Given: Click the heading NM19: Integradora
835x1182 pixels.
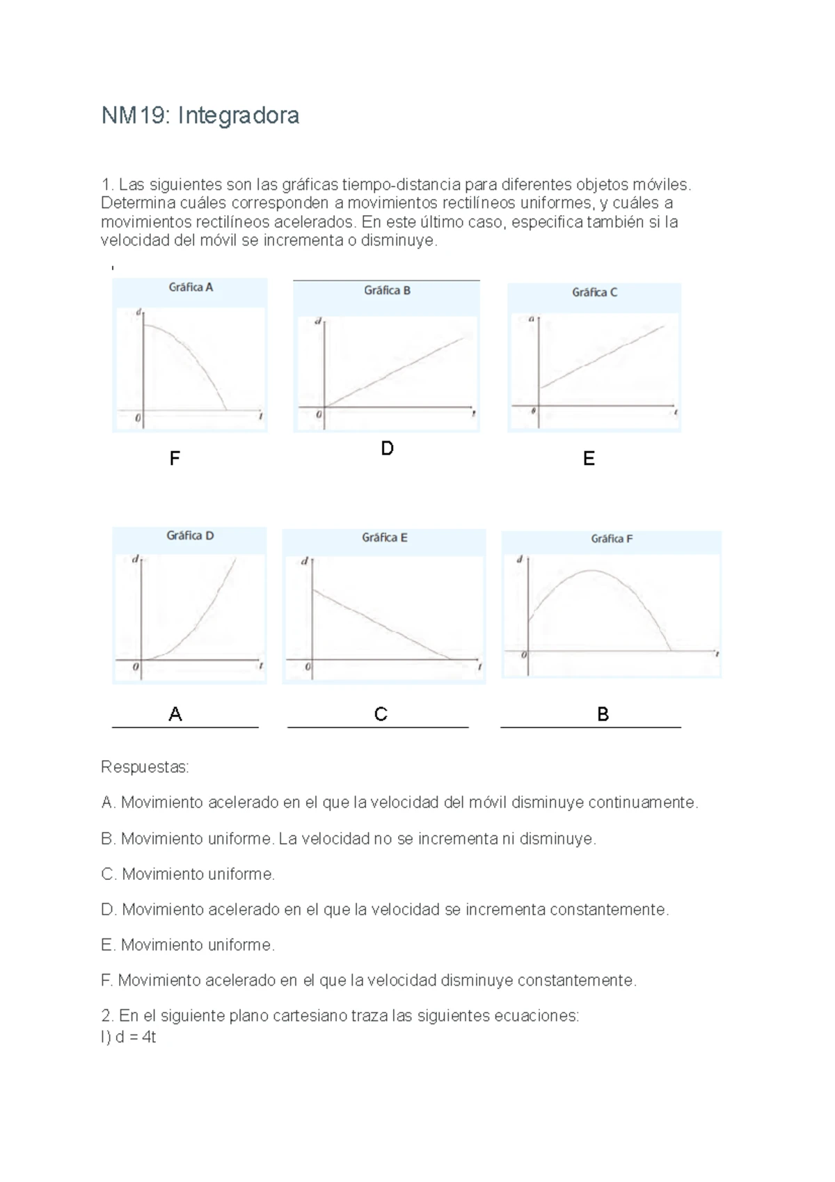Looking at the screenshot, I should pyautogui.click(x=200, y=115).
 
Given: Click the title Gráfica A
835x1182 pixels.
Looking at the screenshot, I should pyautogui.click(x=191, y=287).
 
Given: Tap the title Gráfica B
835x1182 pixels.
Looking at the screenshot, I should pyautogui.click(x=387, y=290).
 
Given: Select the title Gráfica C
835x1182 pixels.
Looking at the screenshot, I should pyautogui.click(x=594, y=292).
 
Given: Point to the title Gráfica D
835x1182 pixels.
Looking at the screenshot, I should pyautogui.click(x=190, y=535).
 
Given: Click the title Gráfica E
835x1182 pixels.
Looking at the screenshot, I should pyautogui.click(x=384, y=537).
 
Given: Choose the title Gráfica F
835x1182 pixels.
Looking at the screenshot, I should pyautogui.click(x=612, y=539).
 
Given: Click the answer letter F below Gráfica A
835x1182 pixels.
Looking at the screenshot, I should pyautogui.click(x=175, y=458).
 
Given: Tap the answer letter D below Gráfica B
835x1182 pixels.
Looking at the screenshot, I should pyautogui.click(x=388, y=448).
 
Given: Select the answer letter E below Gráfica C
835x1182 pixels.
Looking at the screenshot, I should pyautogui.click(x=589, y=458).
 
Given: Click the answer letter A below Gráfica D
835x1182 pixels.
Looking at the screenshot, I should pyautogui.click(x=175, y=714).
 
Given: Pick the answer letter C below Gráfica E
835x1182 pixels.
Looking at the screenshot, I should pyautogui.click(x=381, y=714).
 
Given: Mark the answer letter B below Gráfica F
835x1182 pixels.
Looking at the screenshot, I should pyautogui.click(x=603, y=714).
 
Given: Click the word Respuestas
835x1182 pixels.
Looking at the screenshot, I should pyautogui.click(x=145, y=767).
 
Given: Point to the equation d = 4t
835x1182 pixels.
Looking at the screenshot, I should pyautogui.click(x=136, y=1037).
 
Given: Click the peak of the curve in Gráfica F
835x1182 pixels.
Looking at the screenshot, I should pyautogui.click(x=591, y=571).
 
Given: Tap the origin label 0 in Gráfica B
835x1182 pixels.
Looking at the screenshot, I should pyautogui.click(x=319, y=414).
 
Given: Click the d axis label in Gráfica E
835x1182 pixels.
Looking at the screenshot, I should pyautogui.click(x=304, y=561).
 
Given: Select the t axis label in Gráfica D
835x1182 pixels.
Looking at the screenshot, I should pyautogui.click(x=261, y=666).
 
